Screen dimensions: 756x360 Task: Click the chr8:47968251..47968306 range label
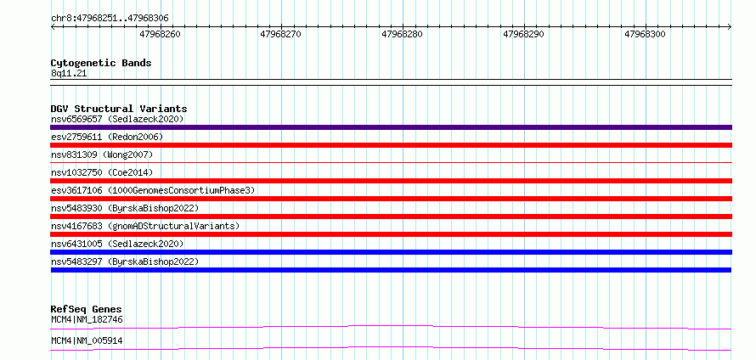(x=110, y=19)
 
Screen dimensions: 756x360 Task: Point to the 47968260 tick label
(x=160, y=34)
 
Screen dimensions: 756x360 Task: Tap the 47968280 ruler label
(x=402, y=34)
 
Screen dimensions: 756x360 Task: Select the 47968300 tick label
(x=645, y=34)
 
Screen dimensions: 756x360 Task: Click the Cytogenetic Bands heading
(x=101, y=63)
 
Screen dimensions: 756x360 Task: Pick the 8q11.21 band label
(x=69, y=74)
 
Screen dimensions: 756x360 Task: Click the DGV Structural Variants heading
(x=119, y=109)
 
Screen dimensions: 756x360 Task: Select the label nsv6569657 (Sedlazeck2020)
(x=117, y=119)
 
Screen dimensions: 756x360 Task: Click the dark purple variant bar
(x=391, y=127)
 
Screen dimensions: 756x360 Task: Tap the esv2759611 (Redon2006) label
(x=107, y=137)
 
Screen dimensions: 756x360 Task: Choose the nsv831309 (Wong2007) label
(x=102, y=155)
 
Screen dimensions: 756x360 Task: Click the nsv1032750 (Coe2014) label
(x=99, y=172)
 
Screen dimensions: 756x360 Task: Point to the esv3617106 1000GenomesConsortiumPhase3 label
(x=153, y=190)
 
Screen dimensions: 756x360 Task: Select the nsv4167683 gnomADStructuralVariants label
(x=145, y=226)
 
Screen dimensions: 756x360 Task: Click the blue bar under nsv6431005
(x=391, y=252)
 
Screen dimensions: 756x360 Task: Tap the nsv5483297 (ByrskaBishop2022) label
(x=125, y=262)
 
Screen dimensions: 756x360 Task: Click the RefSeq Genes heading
(x=87, y=309)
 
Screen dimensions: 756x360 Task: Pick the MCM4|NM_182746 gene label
(x=87, y=319)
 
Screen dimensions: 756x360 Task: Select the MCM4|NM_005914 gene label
(x=87, y=341)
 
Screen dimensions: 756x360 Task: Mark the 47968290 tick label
(x=523, y=34)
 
